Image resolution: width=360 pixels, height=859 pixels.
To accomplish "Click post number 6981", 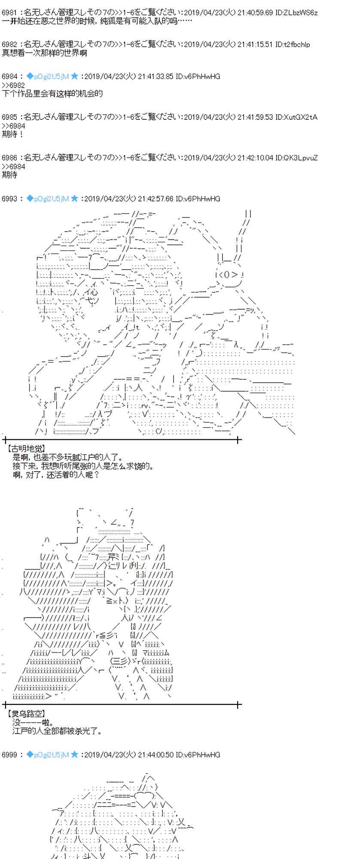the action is pyautogui.click(x=9, y=12).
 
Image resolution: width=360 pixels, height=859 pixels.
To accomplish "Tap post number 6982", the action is pyautogui.click(x=9, y=44).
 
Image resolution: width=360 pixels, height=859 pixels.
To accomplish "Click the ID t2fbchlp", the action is pyautogui.click(x=292, y=44).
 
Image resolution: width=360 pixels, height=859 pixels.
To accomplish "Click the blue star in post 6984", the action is pyautogui.click(x=74, y=76).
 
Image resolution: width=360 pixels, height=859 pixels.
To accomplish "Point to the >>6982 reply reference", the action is pyautogui.click(x=13, y=85).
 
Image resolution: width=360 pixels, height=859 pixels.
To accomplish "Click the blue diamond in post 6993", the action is pyautogui.click(x=30, y=198).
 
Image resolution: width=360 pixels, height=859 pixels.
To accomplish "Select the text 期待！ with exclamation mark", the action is pyautogui.click(x=12, y=134).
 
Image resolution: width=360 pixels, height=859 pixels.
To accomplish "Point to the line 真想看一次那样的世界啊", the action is pyautogui.click(x=44, y=53).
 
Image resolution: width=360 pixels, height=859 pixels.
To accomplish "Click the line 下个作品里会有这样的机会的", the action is pyautogui.click(x=52, y=94).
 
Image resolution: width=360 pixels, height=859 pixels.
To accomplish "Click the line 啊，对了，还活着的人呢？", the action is pyautogui.click(x=56, y=475).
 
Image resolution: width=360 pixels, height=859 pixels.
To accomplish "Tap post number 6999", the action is pyautogui.click(x=9, y=755).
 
